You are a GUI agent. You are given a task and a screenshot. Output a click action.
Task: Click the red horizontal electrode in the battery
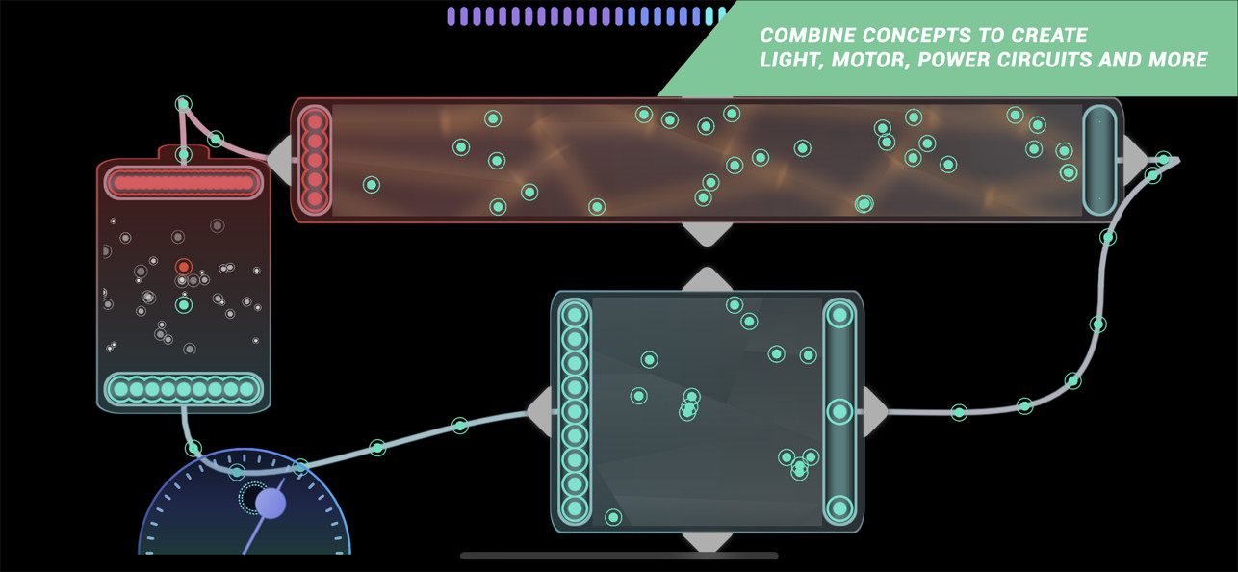click(184, 182)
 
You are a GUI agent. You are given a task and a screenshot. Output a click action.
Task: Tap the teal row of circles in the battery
click(184, 389)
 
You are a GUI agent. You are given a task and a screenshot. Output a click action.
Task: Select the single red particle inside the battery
click(184, 267)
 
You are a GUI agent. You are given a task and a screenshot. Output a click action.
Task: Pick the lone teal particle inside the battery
click(184, 304)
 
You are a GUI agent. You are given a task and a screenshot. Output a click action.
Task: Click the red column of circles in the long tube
click(315, 160)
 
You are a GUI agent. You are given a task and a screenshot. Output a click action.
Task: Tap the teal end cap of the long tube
click(1099, 160)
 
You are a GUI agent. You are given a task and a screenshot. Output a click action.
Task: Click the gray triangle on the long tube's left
click(279, 159)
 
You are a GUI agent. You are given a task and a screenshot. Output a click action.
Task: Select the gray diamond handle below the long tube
click(707, 234)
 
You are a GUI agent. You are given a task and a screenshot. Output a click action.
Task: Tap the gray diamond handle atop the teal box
click(707, 279)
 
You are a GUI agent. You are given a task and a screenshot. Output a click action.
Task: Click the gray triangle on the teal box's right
click(875, 412)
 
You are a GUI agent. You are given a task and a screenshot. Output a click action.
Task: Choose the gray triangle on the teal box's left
click(540, 412)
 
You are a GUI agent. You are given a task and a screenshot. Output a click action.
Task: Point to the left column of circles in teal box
click(574, 412)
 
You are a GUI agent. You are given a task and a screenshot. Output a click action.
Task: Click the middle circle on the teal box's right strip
click(839, 412)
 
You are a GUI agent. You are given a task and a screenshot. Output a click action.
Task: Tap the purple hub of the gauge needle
click(271, 504)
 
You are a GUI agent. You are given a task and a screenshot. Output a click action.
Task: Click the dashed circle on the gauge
click(253, 498)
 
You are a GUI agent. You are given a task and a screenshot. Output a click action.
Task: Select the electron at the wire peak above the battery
click(184, 104)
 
